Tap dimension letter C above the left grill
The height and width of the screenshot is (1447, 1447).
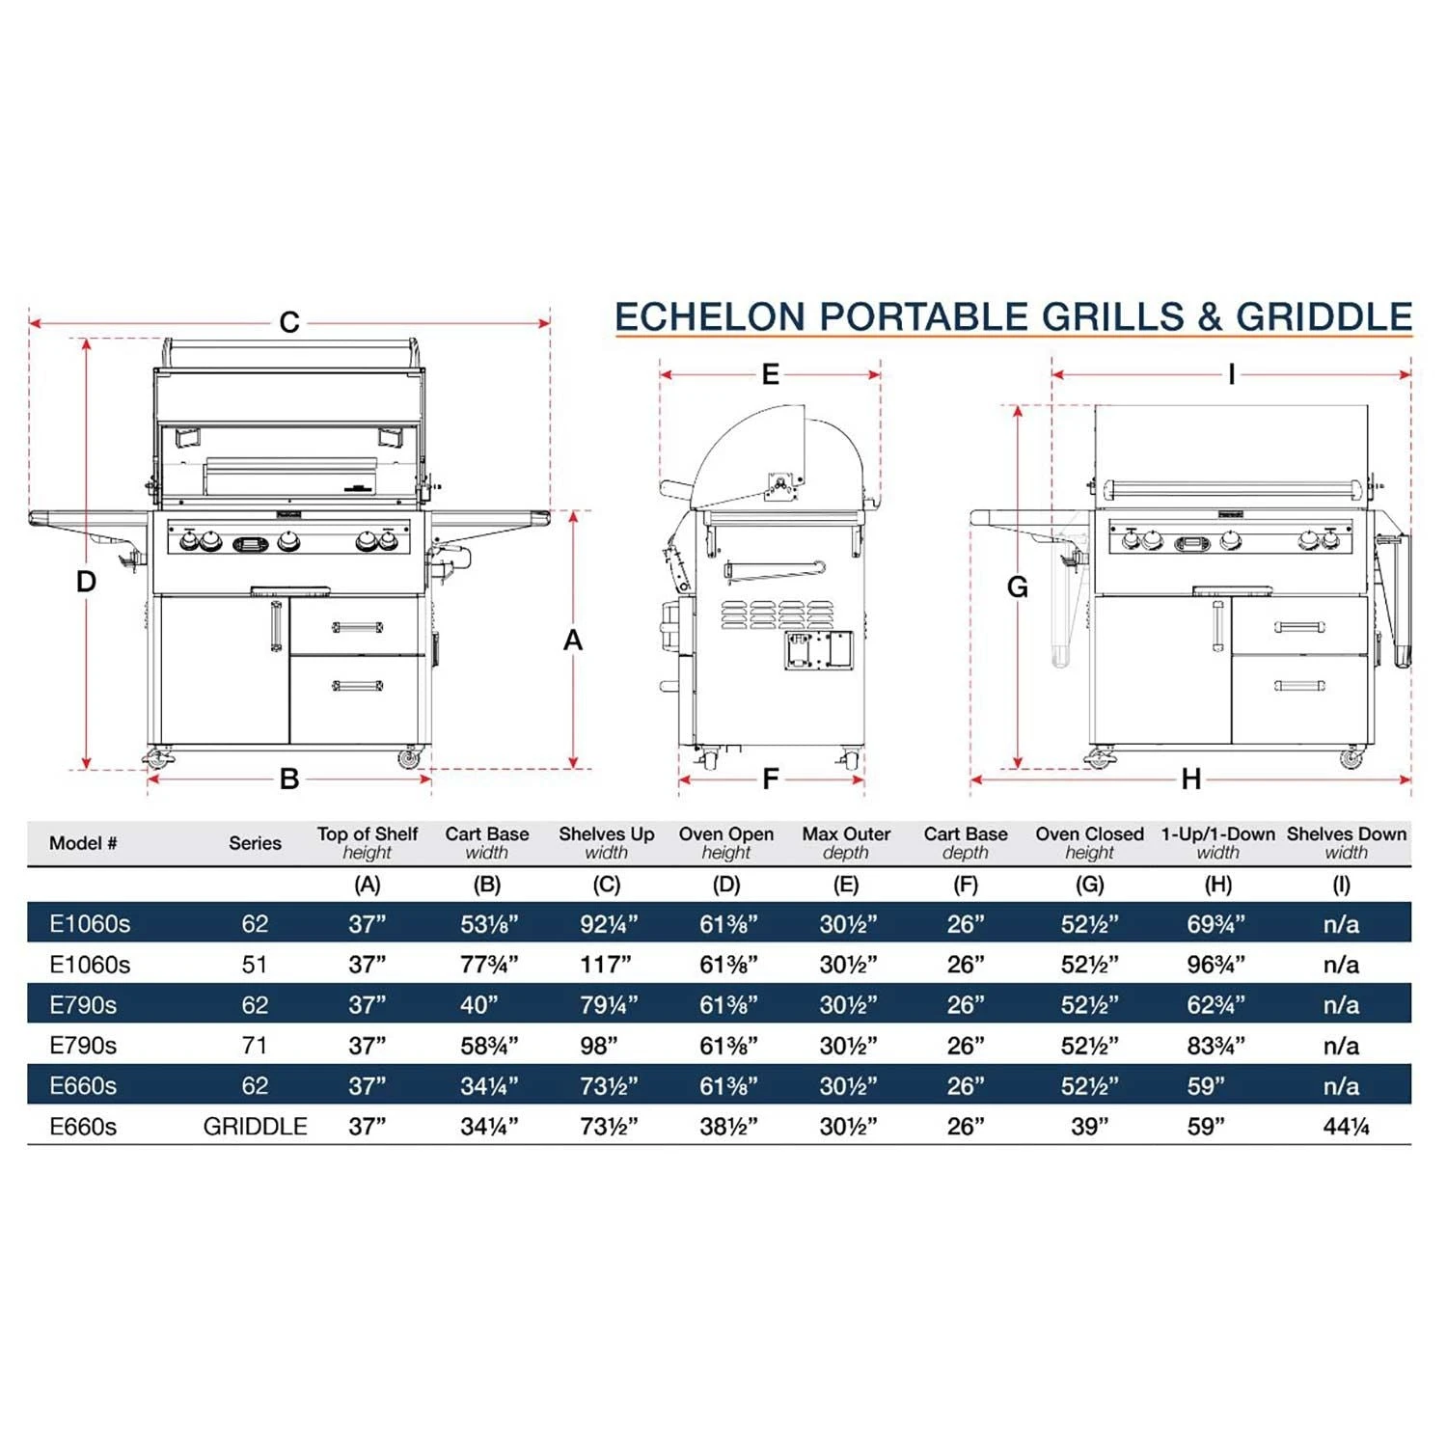pos(288,322)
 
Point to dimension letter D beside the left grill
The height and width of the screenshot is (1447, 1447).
pos(86,582)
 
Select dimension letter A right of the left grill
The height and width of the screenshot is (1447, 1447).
pos(573,640)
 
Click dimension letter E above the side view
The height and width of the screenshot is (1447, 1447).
pos(770,374)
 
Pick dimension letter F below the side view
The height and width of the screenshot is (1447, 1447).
pos(770,778)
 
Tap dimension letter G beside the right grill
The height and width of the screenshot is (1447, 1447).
pos(1017,587)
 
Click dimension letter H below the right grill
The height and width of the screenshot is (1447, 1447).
pos(1191,778)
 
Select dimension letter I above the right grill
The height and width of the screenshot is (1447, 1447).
pos(1231,374)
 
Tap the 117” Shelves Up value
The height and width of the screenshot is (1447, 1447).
pos(606,965)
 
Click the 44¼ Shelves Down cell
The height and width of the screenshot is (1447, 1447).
pos(1346,1127)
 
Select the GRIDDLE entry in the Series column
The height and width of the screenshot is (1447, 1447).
pos(255,1127)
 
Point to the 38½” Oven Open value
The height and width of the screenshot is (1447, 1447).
pos(728,1127)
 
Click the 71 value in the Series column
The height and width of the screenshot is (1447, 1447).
pos(255,1046)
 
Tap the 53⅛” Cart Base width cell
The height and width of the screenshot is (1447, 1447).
pos(489,924)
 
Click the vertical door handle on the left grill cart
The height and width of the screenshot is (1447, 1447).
pos(277,626)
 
